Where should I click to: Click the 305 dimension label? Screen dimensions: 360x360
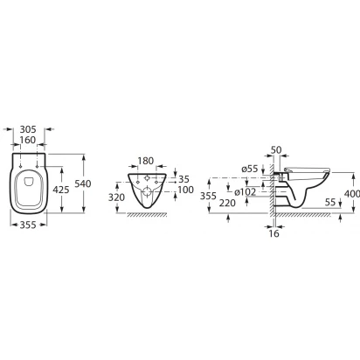pos(28,129)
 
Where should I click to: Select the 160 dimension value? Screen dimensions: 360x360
pos(28,140)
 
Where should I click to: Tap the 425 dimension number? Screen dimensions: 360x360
pos(61,190)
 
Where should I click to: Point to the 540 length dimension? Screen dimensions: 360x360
pos(83,183)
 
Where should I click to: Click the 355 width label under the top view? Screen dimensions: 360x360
pos(28,225)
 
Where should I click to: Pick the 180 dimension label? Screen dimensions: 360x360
pos(145,161)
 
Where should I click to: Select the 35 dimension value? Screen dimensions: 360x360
pos(183,179)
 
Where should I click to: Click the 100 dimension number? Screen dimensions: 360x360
pos(186,190)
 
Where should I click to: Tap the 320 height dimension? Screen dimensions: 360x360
pos(116,197)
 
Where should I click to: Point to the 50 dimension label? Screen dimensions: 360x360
pos(276,150)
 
